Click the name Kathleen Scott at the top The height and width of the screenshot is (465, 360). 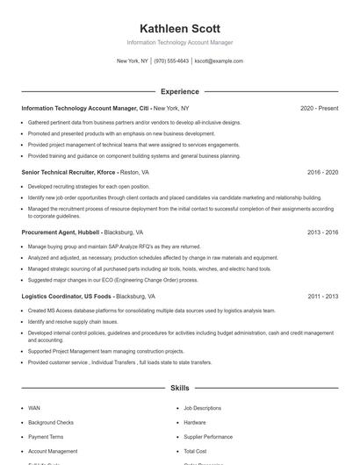180,28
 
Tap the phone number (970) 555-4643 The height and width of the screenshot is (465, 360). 171,61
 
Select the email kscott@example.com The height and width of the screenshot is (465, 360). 219,61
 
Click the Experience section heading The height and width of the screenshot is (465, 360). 180,91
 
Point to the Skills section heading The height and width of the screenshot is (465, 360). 180,387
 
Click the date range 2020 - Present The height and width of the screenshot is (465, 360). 319,108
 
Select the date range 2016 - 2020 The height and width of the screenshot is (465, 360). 322,173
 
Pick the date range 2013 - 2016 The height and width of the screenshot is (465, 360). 322,232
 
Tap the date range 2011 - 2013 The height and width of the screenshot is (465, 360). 322,297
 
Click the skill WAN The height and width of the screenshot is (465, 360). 34,408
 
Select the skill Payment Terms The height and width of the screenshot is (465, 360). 46,436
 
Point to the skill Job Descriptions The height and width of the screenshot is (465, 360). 202,408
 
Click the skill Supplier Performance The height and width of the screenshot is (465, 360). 208,436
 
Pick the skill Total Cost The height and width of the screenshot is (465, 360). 195,451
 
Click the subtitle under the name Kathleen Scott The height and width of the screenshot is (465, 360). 180,42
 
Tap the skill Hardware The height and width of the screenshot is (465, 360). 195,422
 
